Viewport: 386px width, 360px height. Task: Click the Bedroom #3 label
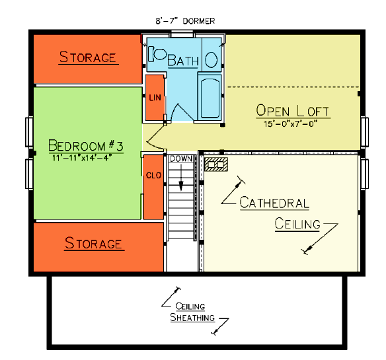point(86,146)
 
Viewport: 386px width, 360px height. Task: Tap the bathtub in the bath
point(210,98)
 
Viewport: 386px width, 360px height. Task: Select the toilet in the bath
point(157,54)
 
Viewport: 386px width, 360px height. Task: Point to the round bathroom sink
point(212,60)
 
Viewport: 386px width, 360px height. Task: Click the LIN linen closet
point(155,98)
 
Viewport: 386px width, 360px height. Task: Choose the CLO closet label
point(153,176)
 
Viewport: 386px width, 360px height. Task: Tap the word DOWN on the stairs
point(181,159)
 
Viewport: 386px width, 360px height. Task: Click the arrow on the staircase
point(181,177)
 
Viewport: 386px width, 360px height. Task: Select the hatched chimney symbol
point(216,164)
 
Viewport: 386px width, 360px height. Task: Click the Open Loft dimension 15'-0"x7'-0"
point(290,124)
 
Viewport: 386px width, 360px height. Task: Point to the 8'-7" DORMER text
point(185,21)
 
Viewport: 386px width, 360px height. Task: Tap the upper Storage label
point(88,57)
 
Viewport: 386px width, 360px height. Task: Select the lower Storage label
point(94,243)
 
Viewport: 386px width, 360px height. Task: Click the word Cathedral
point(274,203)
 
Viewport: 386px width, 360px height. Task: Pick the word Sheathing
point(192,317)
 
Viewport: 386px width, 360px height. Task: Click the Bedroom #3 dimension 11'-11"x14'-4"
point(82,157)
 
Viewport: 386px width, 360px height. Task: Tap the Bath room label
point(183,61)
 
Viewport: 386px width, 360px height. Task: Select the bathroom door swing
point(182,112)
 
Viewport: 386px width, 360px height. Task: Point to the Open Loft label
point(292,111)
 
